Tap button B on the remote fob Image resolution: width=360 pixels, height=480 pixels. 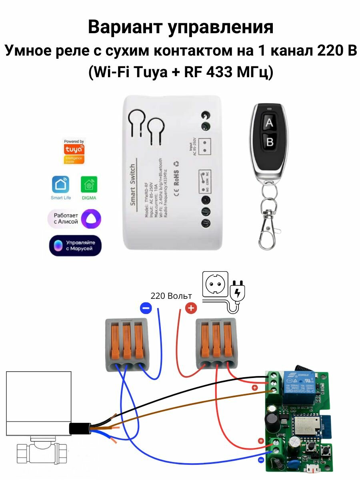pyautogui.click(x=270, y=142)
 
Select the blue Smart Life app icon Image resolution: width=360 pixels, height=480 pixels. pyautogui.click(x=61, y=184)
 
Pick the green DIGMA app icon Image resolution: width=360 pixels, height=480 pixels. pyautogui.click(x=88, y=184)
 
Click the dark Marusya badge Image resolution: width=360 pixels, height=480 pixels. pyautogui.click(x=75, y=245)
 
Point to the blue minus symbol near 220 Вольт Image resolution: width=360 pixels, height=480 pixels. pyautogui.click(x=146, y=308)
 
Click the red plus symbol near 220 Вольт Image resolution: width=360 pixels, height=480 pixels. pyautogui.click(x=191, y=308)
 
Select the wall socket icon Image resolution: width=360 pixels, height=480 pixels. pyautogui.click(x=216, y=284)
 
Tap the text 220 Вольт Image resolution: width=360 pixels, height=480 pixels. pyautogui.click(x=171, y=296)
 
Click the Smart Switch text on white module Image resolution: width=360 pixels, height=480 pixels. pyautogui.click(x=133, y=185)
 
